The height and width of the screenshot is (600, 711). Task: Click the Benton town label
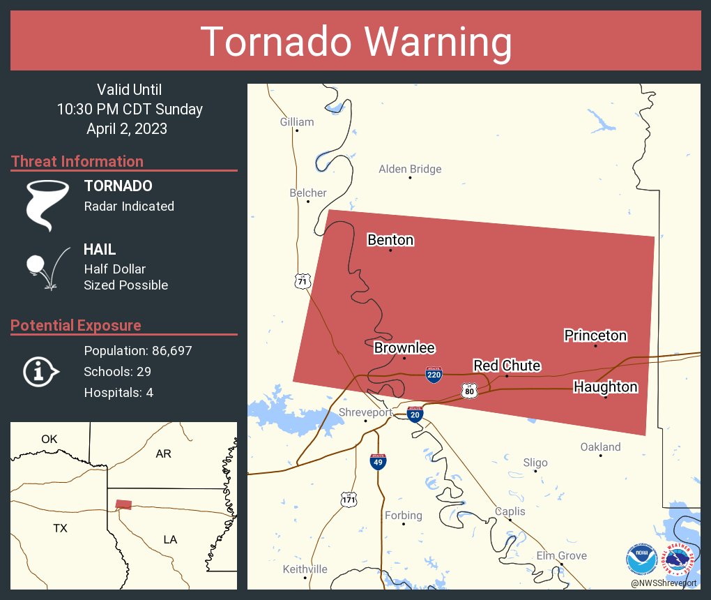(x=390, y=240)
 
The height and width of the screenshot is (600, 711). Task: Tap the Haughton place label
(x=605, y=387)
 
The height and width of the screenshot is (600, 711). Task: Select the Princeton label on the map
(x=595, y=336)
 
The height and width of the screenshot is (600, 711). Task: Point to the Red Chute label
(x=507, y=366)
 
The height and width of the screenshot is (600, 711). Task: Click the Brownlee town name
(x=404, y=347)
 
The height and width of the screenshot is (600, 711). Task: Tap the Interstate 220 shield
(x=433, y=374)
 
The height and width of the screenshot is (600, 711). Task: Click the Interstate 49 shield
(x=376, y=461)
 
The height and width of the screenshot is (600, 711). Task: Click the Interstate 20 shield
(x=415, y=414)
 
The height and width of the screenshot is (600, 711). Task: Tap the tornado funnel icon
(x=47, y=204)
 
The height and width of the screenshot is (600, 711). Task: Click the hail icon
(x=46, y=267)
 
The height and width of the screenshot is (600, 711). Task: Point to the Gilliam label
(x=297, y=122)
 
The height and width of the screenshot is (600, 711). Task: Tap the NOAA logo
(x=641, y=558)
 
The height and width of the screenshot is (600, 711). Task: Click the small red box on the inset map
(x=123, y=504)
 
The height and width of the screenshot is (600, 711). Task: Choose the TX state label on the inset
(x=60, y=528)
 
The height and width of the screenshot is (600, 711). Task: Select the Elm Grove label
(x=561, y=556)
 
